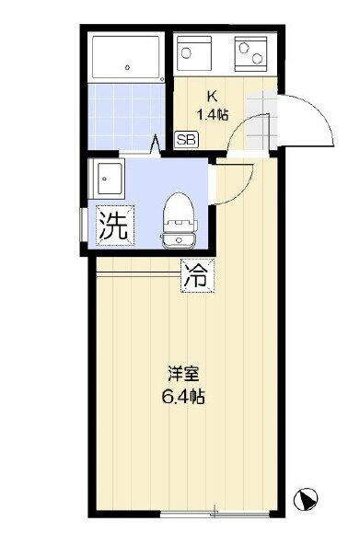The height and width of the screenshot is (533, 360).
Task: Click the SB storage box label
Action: point(186,139)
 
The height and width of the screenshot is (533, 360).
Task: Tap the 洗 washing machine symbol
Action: point(115,226)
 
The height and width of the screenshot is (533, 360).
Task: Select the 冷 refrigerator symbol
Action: point(198,275)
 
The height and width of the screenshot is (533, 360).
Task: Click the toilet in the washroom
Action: point(179,221)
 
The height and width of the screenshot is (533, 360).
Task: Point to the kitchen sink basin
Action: point(194,53)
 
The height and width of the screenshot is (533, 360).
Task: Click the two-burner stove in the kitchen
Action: point(250,53)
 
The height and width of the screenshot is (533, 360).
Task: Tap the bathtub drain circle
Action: point(127,67)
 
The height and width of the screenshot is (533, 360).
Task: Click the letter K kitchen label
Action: point(212,97)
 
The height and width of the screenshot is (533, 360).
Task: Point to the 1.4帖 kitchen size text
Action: point(213,115)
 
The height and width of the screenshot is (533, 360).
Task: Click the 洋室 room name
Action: point(183,374)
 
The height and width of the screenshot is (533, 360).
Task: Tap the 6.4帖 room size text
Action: point(183,396)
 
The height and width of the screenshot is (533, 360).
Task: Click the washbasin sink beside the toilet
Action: point(107,179)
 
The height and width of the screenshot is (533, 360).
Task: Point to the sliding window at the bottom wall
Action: point(215,514)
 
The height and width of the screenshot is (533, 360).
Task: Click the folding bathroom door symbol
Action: point(155,145)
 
